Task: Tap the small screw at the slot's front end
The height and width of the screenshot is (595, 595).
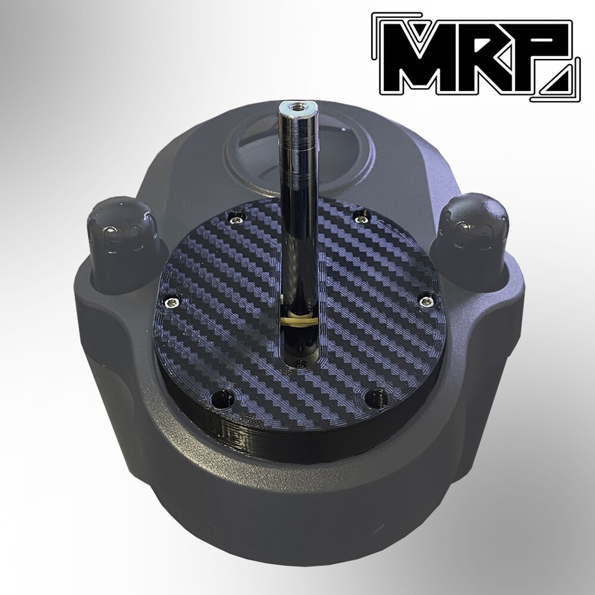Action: pyautogui.click(x=301, y=364)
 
